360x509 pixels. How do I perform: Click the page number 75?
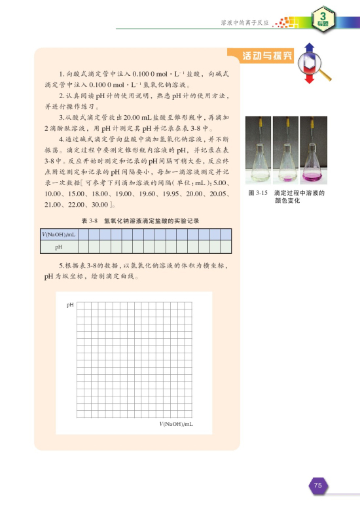(317, 485)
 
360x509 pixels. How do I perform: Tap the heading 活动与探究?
(267, 55)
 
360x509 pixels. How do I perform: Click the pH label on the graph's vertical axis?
(70, 305)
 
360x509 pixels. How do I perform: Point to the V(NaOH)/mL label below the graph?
(175, 425)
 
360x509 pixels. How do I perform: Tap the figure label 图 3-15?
(259, 194)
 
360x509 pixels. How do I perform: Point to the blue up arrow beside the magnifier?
(310, 47)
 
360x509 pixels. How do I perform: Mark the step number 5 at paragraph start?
(61, 266)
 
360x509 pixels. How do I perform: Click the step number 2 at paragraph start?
(61, 96)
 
